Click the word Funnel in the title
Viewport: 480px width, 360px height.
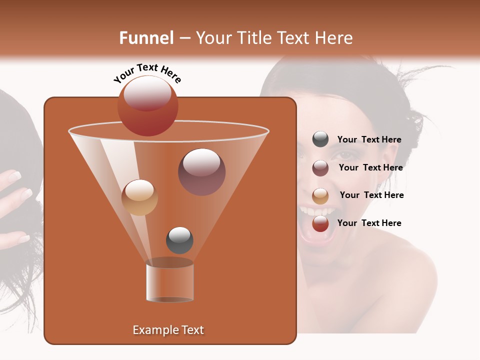pos(146,38)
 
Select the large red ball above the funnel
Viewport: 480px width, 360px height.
pos(147,105)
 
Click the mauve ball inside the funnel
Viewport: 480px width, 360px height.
pos(201,171)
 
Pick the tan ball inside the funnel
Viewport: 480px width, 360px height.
pos(139,197)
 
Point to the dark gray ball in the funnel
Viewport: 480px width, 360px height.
pos(179,240)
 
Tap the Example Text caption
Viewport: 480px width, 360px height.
pos(168,330)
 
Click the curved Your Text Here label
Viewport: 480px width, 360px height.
pos(147,73)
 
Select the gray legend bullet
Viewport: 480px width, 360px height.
pos(320,139)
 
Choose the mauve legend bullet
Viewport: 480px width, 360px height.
pos(320,168)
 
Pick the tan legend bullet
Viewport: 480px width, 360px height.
pos(320,196)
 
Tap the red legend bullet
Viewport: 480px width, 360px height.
pos(320,223)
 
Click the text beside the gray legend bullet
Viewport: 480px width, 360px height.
pos(369,140)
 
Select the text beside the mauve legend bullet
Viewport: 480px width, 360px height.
pos(370,168)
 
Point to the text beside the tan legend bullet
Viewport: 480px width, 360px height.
pos(371,195)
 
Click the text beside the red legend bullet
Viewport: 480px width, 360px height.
pos(369,223)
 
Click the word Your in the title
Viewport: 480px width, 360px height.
pos(211,38)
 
